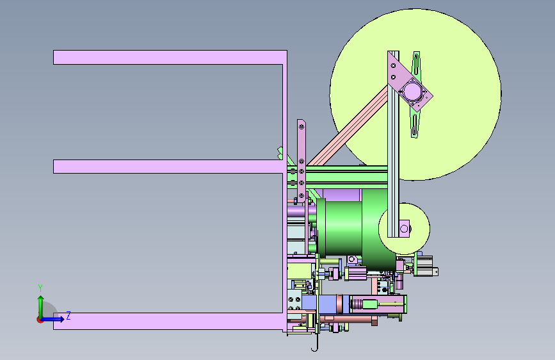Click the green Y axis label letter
coord(40,288)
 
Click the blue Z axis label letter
coord(68,316)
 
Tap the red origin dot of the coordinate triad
coord(39,320)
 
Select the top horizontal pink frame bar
coord(170,58)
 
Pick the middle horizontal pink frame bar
coord(168,167)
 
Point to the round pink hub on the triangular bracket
coord(412,91)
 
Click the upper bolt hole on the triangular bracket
coord(393,65)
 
